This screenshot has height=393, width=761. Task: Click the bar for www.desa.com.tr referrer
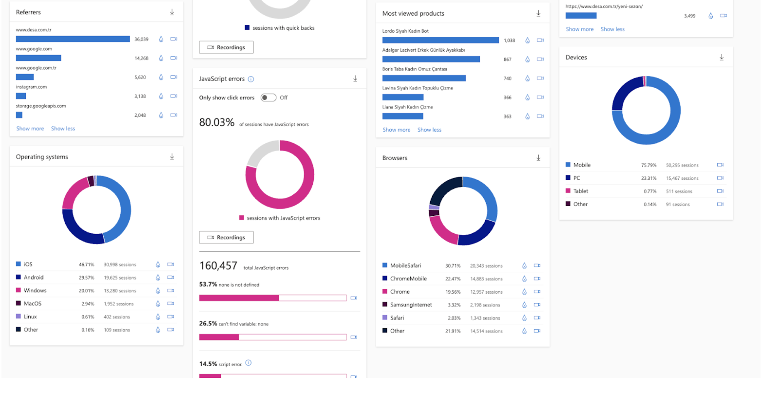coord(72,39)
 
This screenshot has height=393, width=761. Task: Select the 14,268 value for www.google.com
coord(141,58)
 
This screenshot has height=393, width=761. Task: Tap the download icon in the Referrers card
coord(172,12)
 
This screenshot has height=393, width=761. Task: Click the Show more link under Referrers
coord(30,129)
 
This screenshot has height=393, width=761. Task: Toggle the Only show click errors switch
coord(268,98)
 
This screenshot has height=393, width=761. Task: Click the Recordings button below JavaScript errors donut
coord(226,237)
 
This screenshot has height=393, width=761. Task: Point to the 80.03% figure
coord(217,123)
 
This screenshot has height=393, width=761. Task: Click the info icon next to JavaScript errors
coord(251,79)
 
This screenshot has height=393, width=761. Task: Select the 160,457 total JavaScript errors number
coord(218,266)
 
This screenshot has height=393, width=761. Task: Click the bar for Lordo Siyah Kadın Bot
coord(440,40)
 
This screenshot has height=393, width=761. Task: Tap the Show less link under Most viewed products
coord(429,130)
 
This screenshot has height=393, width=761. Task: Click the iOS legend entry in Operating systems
coord(28,265)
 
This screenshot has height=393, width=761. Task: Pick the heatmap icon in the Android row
coord(158,278)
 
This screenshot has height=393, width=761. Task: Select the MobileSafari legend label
coord(405,266)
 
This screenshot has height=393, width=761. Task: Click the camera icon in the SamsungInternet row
coord(537,305)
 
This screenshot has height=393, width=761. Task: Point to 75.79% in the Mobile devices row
coord(649,165)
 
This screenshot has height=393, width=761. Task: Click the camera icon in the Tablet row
coord(720,191)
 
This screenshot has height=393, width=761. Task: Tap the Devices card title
coord(576,57)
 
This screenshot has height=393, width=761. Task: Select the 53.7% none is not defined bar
coord(272,298)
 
